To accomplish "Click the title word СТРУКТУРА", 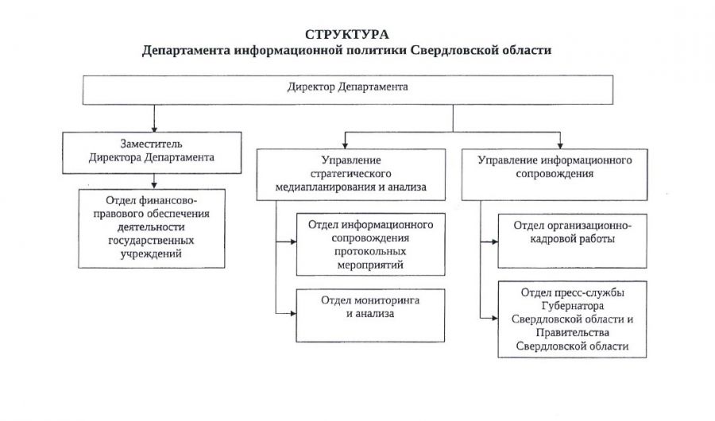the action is [347, 35].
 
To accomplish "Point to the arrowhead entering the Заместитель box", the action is [154, 129].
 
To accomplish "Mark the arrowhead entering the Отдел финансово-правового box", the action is [154, 185].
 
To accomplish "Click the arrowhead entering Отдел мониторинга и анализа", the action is [292, 313].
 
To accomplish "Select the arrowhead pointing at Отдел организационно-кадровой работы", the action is [494, 241].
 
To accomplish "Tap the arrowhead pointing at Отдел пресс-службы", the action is [494, 318].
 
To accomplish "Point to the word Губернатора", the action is [572, 306].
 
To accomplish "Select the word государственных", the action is [151, 241].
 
